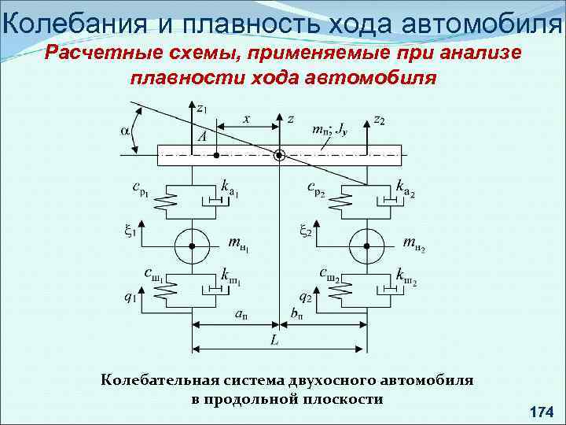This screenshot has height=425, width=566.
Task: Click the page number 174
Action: [x=542, y=412]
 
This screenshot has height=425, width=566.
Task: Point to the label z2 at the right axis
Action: [x=379, y=120]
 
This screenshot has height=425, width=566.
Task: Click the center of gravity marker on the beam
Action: [x=279, y=155]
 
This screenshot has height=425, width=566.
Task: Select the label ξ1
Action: [x=130, y=231]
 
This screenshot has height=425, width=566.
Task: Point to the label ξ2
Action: [x=306, y=231]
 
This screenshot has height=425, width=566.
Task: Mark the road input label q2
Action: [x=306, y=298]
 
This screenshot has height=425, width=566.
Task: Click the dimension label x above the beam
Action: [x=246, y=119]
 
